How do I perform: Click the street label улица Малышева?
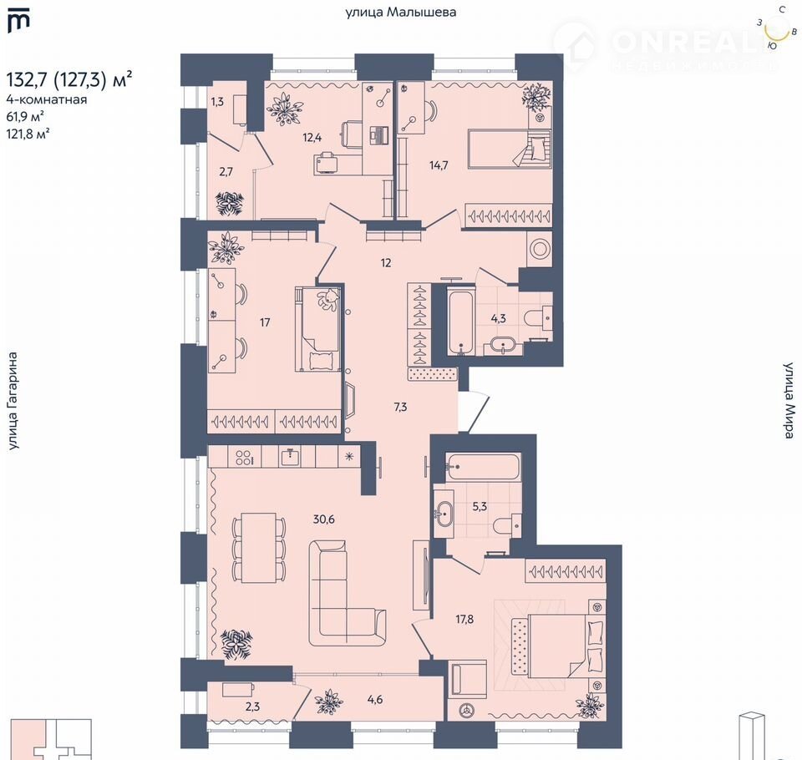[400, 13]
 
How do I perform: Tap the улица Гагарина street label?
[13, 401]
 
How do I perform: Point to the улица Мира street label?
[789, 400]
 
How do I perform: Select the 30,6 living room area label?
[324, 519]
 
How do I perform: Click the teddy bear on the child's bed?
[327, 299]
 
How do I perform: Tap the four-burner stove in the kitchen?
[243, 456]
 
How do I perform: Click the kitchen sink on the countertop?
[290, 456]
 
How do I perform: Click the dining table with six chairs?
[258, 548]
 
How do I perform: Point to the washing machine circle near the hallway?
[540, 249]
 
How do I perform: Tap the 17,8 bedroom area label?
[464, 620]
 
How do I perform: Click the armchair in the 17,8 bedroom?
[467, 679]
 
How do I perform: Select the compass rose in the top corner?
[777, 28]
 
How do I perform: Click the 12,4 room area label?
[312, 137]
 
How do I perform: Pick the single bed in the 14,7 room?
[510, 149]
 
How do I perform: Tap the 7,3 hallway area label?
[400, 407]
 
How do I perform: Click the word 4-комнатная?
[47, 99]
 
